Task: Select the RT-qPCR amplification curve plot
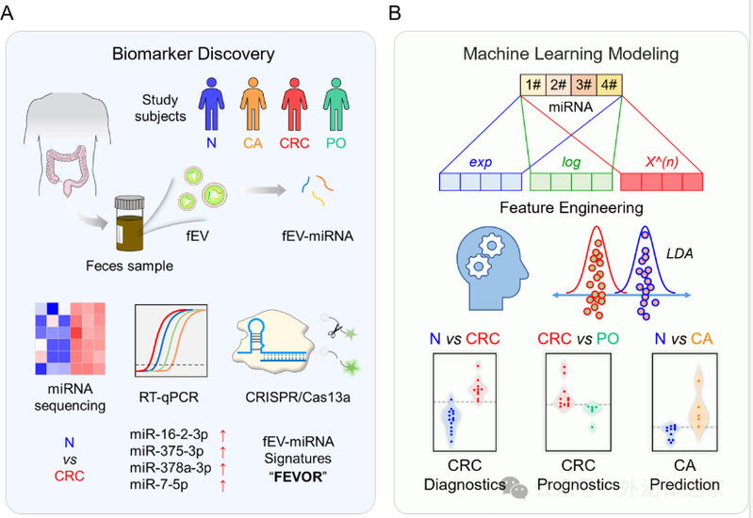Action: [x=171, y=340]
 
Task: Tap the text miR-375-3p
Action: [x=161, y=450]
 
